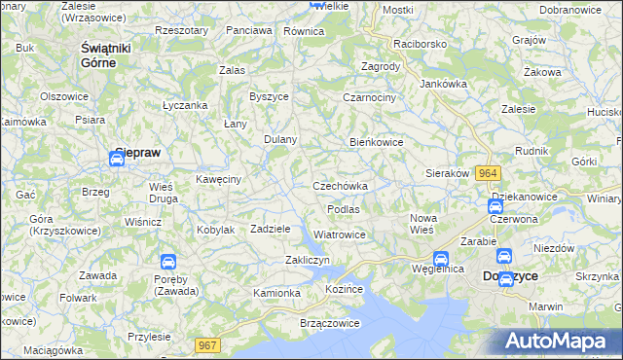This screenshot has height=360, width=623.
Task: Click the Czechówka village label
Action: [x=340, y=186]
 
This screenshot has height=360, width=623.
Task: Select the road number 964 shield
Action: [x=490, y=173]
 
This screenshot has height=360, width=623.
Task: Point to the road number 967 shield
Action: [x=207, y=344]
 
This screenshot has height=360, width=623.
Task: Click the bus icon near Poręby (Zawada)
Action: [x=168, y=262]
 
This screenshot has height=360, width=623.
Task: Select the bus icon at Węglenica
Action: [x=440, y=260]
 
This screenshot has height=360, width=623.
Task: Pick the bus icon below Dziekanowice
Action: [x=495, y=206]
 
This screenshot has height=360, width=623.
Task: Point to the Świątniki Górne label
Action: [x=112, y=55]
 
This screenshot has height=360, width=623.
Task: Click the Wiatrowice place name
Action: [x=340, y=234]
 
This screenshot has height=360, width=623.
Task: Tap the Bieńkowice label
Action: [x=377, y=142]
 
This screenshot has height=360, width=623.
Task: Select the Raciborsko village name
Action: [x=419, y=45]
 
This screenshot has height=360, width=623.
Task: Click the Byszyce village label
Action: [x=269, y=96]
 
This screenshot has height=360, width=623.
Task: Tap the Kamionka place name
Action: [x=277, y=293]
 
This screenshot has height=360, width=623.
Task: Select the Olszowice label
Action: [x=65, y=96]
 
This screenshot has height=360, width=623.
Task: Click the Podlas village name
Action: [x=344, y=209]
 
